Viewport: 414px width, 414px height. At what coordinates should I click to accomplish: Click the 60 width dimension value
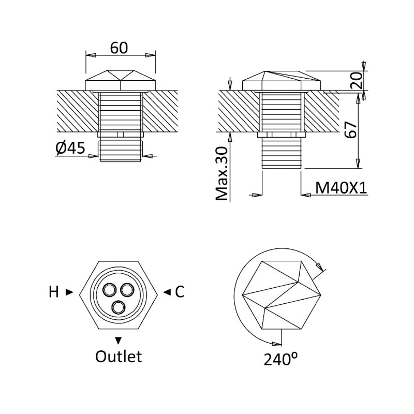(x=119, y=48)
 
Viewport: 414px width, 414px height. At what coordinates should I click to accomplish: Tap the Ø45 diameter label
(x=70, y=148)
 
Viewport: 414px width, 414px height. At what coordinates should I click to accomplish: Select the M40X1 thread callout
(x=341, y=188)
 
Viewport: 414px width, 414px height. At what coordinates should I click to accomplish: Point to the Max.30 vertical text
(x=221, y=173)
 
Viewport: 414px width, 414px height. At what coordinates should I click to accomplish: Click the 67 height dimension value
(x=351, y=130)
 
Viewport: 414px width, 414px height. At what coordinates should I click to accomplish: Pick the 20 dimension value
(x=356, y=80)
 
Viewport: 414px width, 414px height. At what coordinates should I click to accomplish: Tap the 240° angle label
(x=280, y=359)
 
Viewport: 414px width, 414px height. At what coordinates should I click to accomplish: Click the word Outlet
(x=119, y=356)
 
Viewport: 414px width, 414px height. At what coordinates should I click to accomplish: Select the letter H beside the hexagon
(x=54, y=292)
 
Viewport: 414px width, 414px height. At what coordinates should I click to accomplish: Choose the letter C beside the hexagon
(x=180, y=292)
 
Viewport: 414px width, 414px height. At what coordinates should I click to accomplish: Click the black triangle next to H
(x=69, y=292)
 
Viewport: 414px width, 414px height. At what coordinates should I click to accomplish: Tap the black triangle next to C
(x=167, y=292)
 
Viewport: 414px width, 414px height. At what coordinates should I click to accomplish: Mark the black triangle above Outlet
(x=119, y=341)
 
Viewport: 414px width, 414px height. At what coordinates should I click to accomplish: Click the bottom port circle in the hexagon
(x=119, y=307)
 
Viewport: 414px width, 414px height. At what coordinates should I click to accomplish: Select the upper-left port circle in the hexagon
(x=109, y=290)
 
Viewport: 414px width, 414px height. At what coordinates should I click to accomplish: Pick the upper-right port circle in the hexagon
(x=127, y=290)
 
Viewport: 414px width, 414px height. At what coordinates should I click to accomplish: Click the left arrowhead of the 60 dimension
(x=91, y=55)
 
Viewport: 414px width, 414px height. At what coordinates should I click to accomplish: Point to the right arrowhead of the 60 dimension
(x=151, y=55)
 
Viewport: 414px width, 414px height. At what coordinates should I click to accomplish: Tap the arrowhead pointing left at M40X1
(x=306, y=195)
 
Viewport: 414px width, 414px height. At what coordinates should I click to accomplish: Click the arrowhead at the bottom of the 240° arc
(x=277, y=344)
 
